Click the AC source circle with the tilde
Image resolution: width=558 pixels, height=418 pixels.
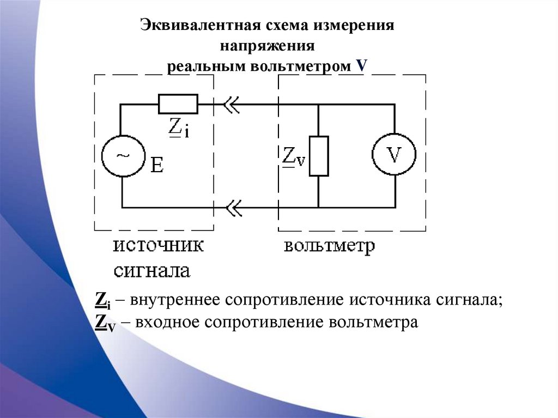click(123, 156)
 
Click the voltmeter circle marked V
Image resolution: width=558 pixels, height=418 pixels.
click(393, 156)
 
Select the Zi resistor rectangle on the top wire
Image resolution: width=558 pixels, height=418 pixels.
click(178, 104)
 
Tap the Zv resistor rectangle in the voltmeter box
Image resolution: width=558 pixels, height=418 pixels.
click(319, 156)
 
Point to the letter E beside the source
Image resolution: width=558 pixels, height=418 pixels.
click(157, 165)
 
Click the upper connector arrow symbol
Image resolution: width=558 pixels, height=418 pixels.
click(231, 104)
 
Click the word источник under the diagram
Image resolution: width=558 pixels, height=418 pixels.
click(159, 246)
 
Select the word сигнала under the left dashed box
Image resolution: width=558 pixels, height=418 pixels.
click(151, 271)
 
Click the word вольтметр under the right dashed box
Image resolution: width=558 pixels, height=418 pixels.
click(329, 246)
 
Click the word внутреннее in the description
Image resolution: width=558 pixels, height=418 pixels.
click(174, 300)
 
